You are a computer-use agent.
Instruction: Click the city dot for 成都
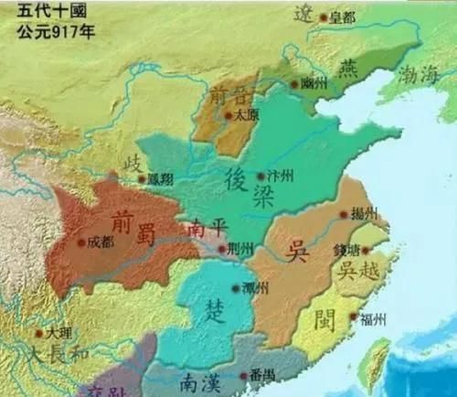click(x=81, y=242)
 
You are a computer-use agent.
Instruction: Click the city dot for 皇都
click(x=324, y=17)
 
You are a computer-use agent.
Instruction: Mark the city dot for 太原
click(x=227, y=116)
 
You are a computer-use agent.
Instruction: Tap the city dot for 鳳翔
click(x=142, y=179)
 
